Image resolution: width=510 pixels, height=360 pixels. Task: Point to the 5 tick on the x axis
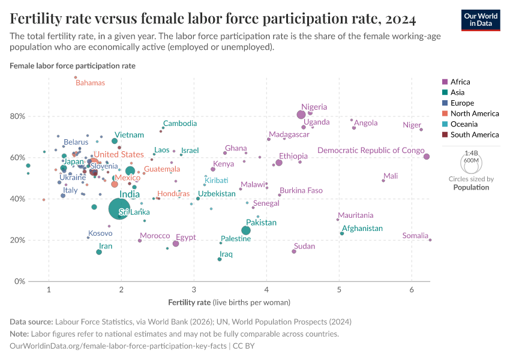click(339, 290)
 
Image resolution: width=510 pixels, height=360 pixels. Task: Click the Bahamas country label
click(90, 83)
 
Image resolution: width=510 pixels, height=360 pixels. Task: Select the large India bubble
click(119, 209)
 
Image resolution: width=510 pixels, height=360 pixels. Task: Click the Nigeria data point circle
click(301, 115)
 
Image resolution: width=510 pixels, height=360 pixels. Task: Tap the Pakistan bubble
click(246, 230)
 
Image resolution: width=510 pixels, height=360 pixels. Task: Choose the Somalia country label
click(415, 236)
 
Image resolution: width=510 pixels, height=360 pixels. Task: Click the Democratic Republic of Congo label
click(371, 150)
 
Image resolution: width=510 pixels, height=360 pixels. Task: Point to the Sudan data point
click(294, 251)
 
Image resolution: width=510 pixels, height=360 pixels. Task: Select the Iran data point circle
click(99, 252)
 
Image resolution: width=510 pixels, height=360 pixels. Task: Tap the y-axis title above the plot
click(73, 65)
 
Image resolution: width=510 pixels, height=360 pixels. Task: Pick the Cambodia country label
click(180, 124)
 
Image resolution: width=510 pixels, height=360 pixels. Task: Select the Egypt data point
click(176, 244)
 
